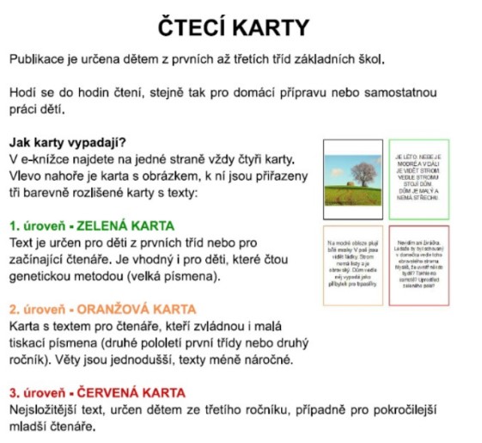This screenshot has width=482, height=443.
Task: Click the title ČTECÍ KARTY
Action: pos(235,27)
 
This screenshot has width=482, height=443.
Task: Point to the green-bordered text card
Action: pos(419,179)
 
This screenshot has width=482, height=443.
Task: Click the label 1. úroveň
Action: pos(38,226)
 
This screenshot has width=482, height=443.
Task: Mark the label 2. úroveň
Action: pos(38,309)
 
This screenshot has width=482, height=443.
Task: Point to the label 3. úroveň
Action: pos(38,391)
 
